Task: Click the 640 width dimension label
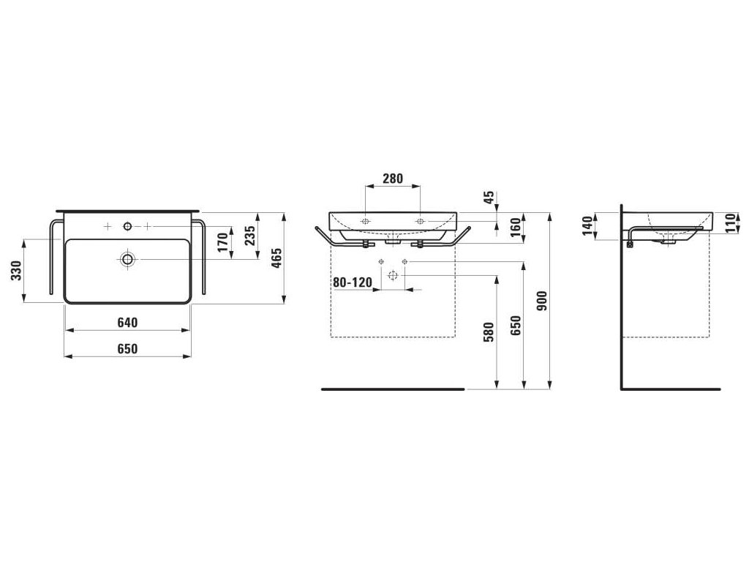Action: (x=127, y=323)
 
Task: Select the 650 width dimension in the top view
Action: (x=127, y=349)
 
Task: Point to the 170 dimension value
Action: (x=223, y=241)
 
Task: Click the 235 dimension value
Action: (x=250, y=236)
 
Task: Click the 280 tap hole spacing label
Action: (x=393, y=179)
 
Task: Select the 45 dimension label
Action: (x=491, y=198)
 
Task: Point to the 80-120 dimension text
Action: (x=353, y=282)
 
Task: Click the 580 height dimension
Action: (x=489, y=333)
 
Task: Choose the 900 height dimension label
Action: (x=541, y=301)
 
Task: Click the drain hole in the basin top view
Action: (x=128, y=259)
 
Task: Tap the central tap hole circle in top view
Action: (x=128, y=227)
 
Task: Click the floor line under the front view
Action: (x=393, y=389)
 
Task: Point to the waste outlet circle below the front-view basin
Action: (x=393, y=276)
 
